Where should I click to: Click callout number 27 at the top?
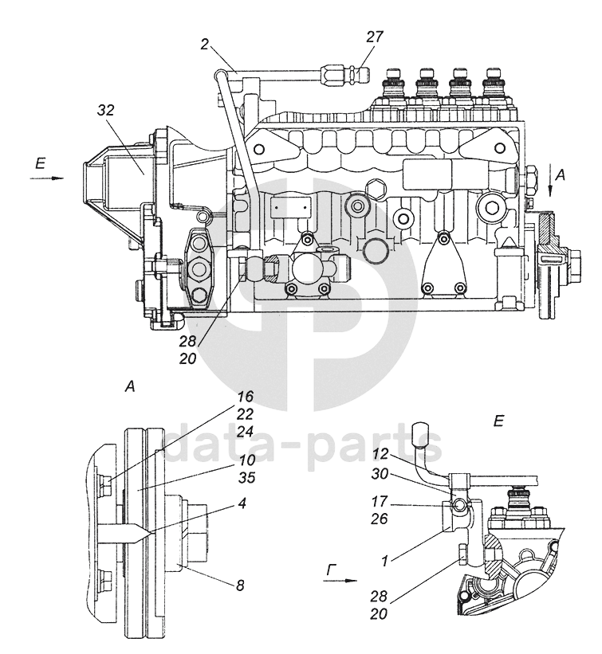[375, 37]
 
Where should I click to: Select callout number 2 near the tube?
[204, 45]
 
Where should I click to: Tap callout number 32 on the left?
[105, 111]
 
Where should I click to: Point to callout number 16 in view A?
[246, 396]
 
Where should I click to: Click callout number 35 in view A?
[246, 478]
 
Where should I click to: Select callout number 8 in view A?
[240, 586]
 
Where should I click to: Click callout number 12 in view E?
[380, 454]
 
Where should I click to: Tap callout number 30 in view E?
[380, 474]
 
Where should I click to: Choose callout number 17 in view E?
[380, 501]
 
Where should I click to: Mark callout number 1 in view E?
[384, 561]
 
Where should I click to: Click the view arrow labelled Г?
[341, 580]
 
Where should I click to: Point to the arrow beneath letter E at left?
[47, 178]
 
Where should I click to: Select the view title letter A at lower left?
[130, 387]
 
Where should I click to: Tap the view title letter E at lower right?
[498, 421]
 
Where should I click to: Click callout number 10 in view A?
[247, 460]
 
